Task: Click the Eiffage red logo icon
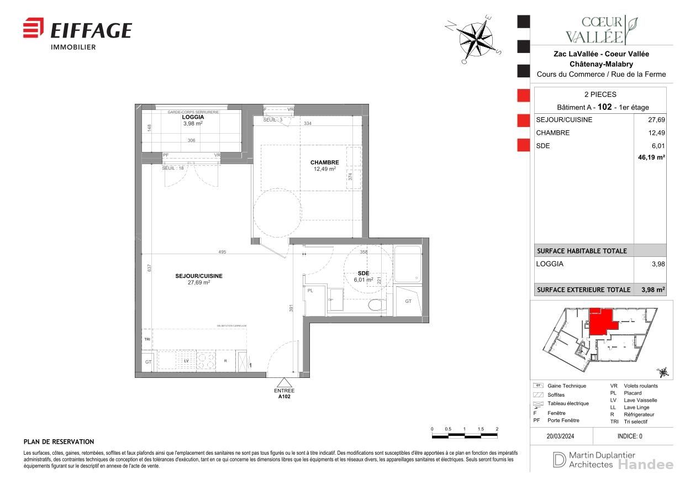click(33, 28)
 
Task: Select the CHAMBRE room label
click(324, 162)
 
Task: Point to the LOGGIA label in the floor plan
click(193, 117)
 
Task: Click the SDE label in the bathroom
click(363, 273)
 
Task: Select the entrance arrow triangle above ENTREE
click(284, 383)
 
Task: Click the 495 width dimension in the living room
click(222, 252)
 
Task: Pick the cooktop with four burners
click(207, 360)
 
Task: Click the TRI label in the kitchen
click(147, 339)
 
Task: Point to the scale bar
click(465, 436)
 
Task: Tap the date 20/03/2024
click(560, 436)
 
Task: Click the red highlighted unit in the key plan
click(600, 321)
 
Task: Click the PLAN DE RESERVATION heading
click(59, 442)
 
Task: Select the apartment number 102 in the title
click(605, 107)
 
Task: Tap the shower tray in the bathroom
click(408, 263)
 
